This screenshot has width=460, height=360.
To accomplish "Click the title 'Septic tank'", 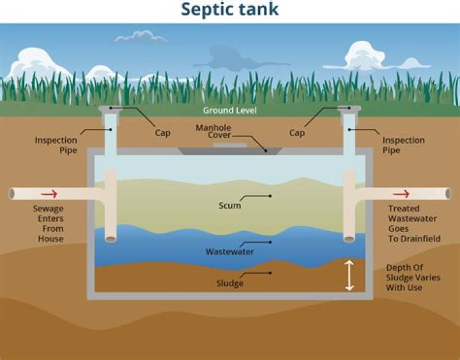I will [230, 11].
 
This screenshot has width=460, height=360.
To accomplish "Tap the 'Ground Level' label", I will [230, 110].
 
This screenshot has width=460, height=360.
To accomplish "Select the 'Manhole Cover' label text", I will [213, 131].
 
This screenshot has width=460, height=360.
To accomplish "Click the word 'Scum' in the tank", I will [229, 205].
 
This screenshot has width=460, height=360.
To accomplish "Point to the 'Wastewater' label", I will [229, 251].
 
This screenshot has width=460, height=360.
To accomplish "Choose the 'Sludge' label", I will [229, 282].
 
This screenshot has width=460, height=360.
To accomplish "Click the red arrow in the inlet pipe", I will [49, 193].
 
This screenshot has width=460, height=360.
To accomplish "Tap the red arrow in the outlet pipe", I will [401, 193].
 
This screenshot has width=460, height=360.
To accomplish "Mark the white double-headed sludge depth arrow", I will [349, 275].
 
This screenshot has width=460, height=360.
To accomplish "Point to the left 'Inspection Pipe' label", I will [56, 145].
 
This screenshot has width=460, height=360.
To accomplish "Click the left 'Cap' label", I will [163, 133].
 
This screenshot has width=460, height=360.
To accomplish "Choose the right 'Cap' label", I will [296, 133].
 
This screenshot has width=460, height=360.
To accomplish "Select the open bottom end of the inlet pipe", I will [111, 239].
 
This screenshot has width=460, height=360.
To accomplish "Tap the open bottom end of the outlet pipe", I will [349, 239].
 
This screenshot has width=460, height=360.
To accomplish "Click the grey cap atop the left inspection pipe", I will [111, 109].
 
